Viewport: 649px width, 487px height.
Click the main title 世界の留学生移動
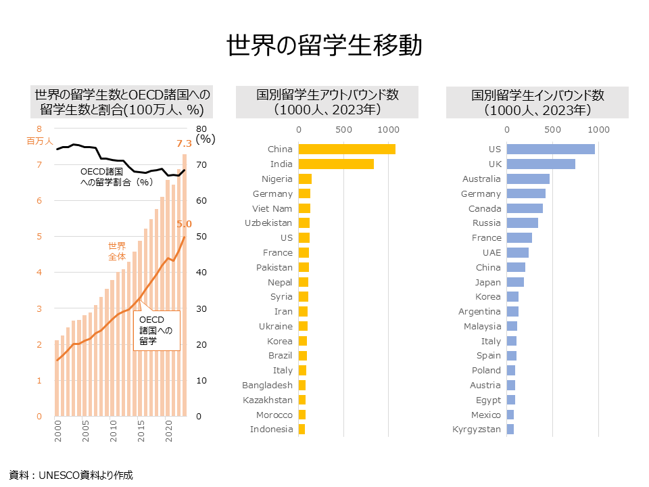click(x=324, y=45)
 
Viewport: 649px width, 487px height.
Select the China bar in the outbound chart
click(x=346, y=149)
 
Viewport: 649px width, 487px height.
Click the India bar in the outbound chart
click(x=335, y=164)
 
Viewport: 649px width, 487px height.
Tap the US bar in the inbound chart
click(x=550, y=149)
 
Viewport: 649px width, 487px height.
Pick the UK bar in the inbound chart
click(x=540, y=164)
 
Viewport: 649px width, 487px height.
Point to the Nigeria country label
click(x=277, y=179)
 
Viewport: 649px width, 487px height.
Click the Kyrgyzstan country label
click(x=477, y=430)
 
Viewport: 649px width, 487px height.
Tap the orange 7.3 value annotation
click(x=184, y=143)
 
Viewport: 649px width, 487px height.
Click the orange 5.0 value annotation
click(x=184, y=224)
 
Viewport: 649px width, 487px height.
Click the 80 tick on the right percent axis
click(x=201, y=129)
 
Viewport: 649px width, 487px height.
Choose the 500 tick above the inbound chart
click(x=553, y=129)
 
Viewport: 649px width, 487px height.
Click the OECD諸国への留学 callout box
click(x=156, y=330)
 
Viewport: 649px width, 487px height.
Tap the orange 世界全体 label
click(x=117, y=251)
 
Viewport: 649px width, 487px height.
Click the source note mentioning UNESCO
click(x=71, y=475)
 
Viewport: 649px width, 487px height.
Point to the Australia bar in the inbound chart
click(x=527, y=179)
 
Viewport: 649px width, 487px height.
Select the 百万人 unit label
click(x=39, y=141)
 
